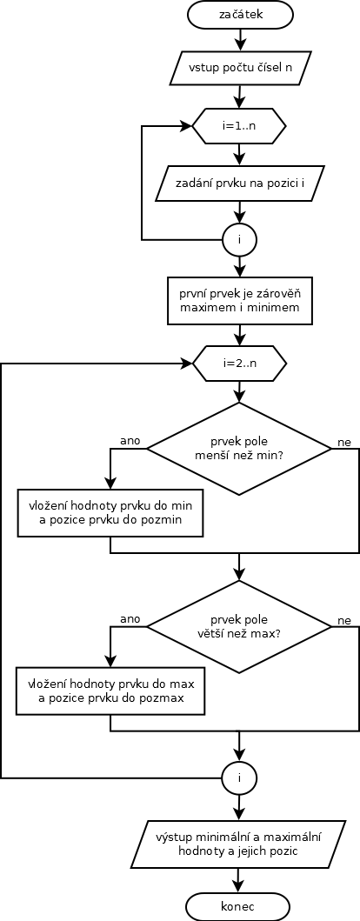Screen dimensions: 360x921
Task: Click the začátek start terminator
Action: pos(239,15)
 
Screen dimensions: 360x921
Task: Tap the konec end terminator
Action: pos(239,906)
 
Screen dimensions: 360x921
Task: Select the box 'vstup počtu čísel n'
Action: pos(239,68)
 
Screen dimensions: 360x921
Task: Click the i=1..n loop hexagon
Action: pos(239,126)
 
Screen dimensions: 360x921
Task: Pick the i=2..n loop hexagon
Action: pos(239,363)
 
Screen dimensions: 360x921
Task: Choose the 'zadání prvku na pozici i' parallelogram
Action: pos(239,184)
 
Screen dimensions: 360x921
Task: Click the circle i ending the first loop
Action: pos(239,239)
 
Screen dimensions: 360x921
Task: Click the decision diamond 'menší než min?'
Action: pos(239,448)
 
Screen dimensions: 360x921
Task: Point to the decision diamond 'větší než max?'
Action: pos(239,627)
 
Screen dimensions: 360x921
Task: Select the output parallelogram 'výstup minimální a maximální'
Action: pos(239,844)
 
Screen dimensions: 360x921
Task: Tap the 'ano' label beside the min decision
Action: pos(130,440)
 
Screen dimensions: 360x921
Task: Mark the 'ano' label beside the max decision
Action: pos(130,618)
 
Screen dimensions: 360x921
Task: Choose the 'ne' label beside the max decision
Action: pos(344,621)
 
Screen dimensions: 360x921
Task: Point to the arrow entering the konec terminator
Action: pos(239,880)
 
